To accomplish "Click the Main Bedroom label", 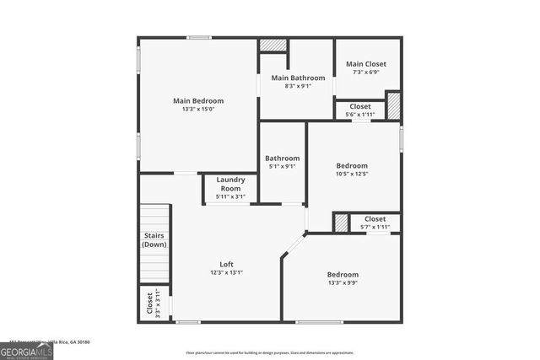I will (197, 100).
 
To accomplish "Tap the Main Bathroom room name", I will (296, 78).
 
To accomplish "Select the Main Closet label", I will (366, 64).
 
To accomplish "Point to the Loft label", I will (227, 263).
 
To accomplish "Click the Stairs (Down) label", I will (154, 239).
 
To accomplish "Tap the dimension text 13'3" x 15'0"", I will (197, 110).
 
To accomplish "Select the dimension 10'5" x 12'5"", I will (352, 175).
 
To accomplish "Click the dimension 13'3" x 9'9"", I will (343, 283).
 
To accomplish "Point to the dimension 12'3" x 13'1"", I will (227, 272).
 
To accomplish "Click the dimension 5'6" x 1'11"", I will (360, 115).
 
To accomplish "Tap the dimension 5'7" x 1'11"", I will (375, 227).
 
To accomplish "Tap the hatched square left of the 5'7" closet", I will (341, 222).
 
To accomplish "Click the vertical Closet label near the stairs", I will (149, 303).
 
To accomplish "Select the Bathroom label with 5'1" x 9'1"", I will (282, 158).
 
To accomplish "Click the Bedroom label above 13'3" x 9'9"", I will (343, 274).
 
